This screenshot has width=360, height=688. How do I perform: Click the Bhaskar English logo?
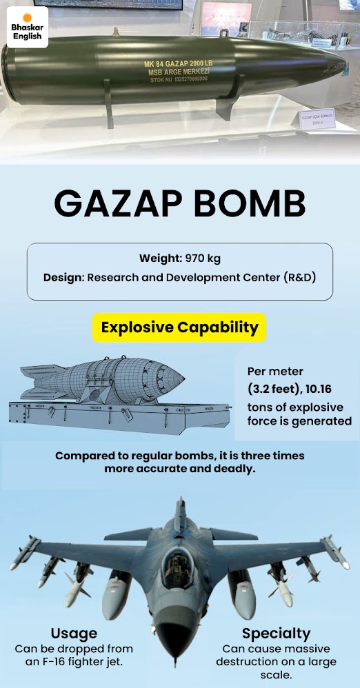(26, 27)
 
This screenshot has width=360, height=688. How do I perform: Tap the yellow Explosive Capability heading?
(179, 327)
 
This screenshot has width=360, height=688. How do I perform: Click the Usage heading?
(74, 634)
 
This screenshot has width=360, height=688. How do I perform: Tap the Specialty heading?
(276, 634)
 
